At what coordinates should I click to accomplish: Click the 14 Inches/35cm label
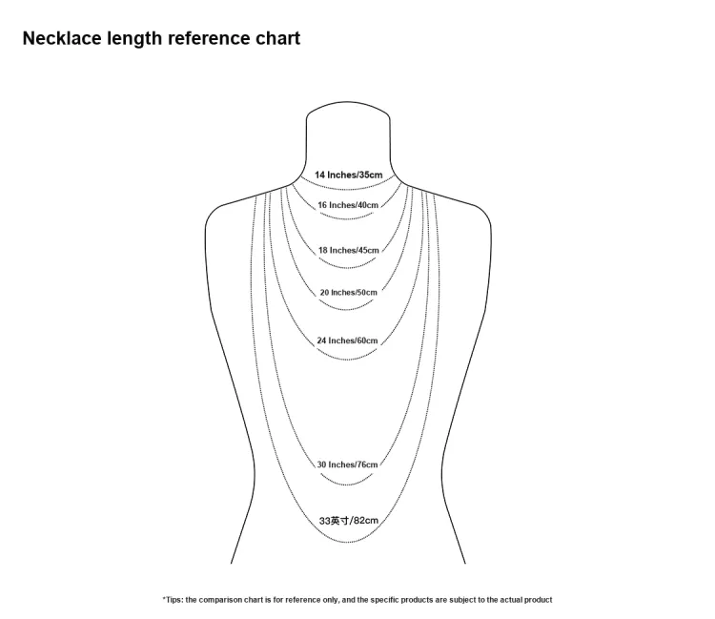348,175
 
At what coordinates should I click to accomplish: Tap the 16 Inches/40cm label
348,205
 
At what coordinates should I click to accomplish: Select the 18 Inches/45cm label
348,251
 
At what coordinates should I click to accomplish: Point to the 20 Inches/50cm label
348,293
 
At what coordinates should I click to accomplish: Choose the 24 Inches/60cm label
347,340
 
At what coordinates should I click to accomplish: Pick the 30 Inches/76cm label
347,464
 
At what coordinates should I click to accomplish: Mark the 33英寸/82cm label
349,521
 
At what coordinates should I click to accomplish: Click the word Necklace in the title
62,38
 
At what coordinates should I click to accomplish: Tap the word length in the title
134,39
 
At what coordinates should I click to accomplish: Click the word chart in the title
277,38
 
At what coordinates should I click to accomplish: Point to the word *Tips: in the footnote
173,600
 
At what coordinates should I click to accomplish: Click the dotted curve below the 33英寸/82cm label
347,543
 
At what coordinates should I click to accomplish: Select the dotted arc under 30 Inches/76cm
347,484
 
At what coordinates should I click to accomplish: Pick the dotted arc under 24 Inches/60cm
347,360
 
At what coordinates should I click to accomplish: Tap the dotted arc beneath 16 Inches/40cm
347,218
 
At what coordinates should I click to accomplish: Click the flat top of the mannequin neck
347,102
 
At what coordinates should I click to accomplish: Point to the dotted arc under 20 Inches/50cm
347,309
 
